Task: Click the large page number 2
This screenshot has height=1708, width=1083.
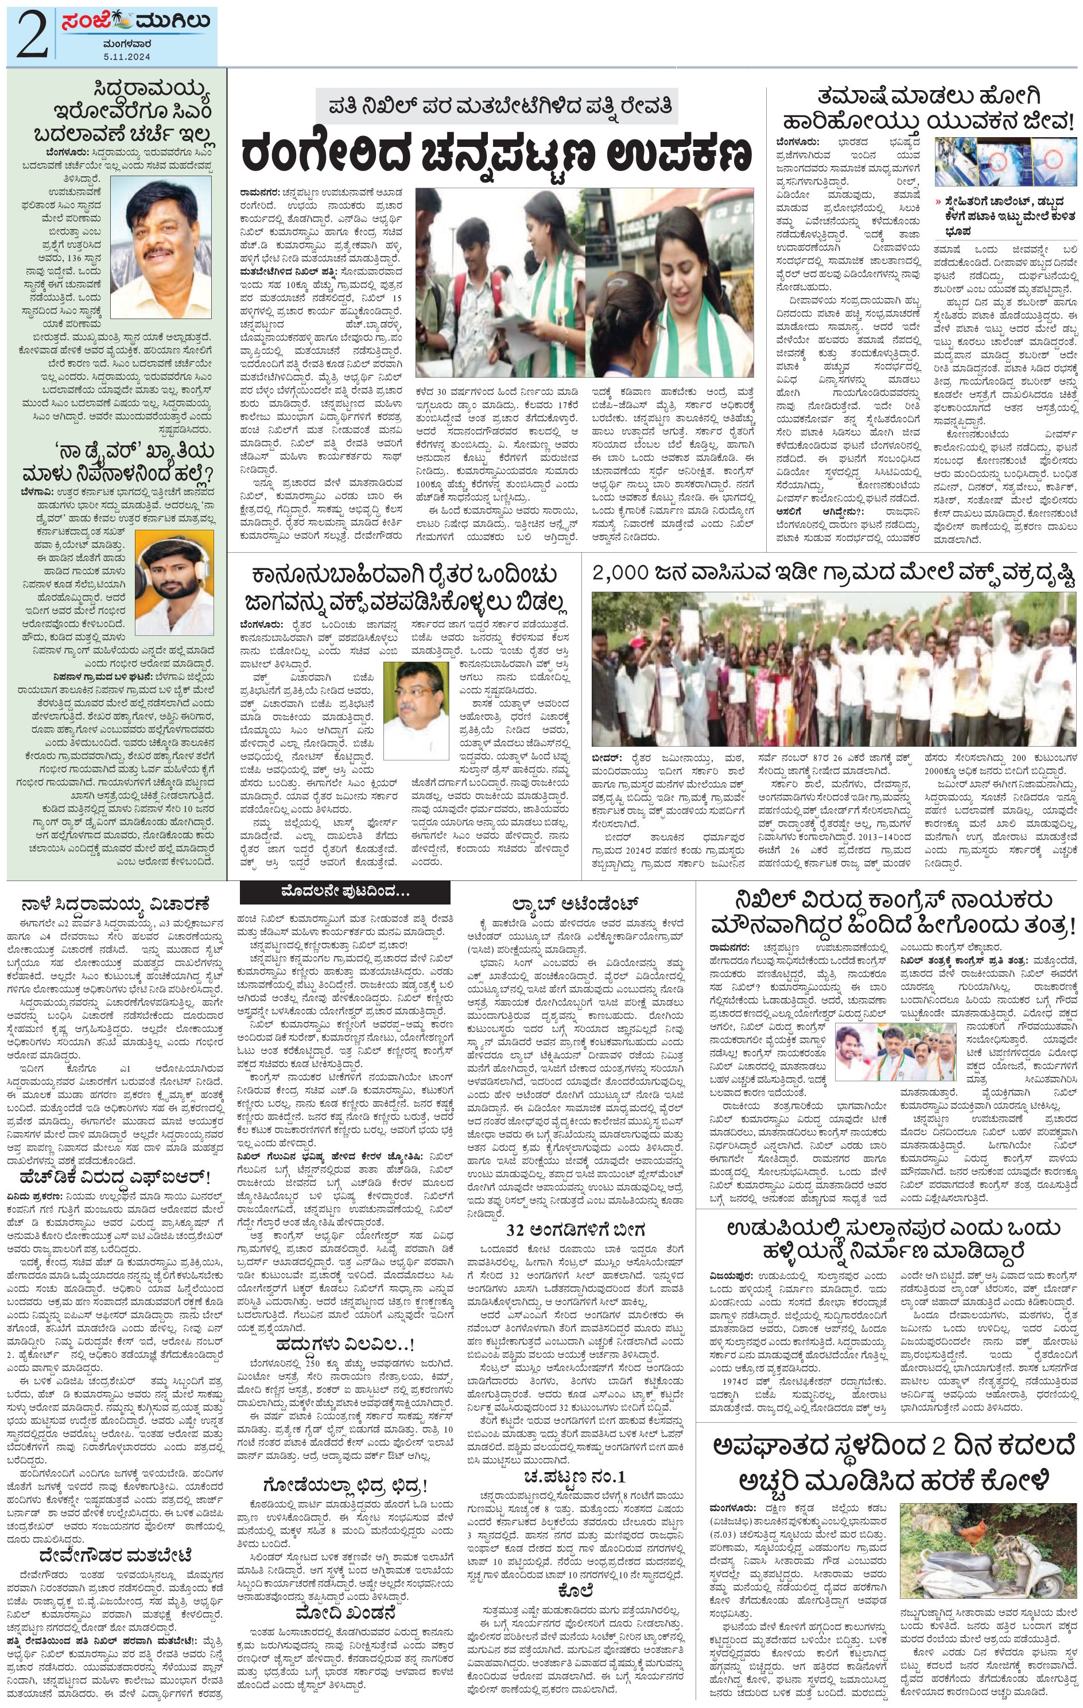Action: tap(30, 34)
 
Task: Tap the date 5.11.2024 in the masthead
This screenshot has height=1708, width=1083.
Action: tap(126, 55)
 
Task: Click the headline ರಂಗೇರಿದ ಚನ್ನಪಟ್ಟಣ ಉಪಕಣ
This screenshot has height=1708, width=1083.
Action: tap(496, 153)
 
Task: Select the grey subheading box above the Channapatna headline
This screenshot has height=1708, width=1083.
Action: tap(496, 106)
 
